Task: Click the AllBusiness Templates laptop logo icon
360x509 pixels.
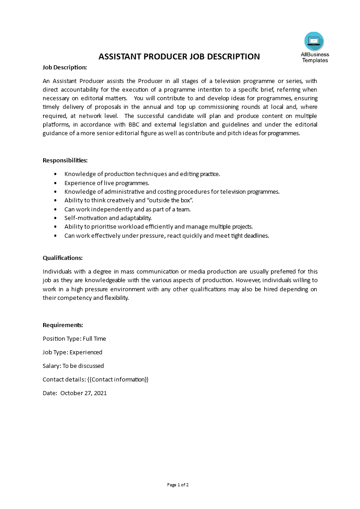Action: tap(314, 41)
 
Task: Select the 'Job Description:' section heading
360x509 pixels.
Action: tap(65, 67)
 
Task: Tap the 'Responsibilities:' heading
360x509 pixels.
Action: tap(65, 160)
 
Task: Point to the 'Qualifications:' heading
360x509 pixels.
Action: tap(63, 258)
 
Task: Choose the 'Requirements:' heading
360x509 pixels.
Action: tap(63, 325)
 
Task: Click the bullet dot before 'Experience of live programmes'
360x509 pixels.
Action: tap(55, 183)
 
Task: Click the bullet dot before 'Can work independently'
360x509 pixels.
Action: tap(55, 209)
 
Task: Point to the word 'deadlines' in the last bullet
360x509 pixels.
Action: tap(256, 236)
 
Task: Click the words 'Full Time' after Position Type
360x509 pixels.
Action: tap(94, 338)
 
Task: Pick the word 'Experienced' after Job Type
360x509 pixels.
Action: tap(86, 352)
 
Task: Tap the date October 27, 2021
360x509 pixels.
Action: tap(84, 393)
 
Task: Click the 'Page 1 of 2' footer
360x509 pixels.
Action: tap(178, 485)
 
